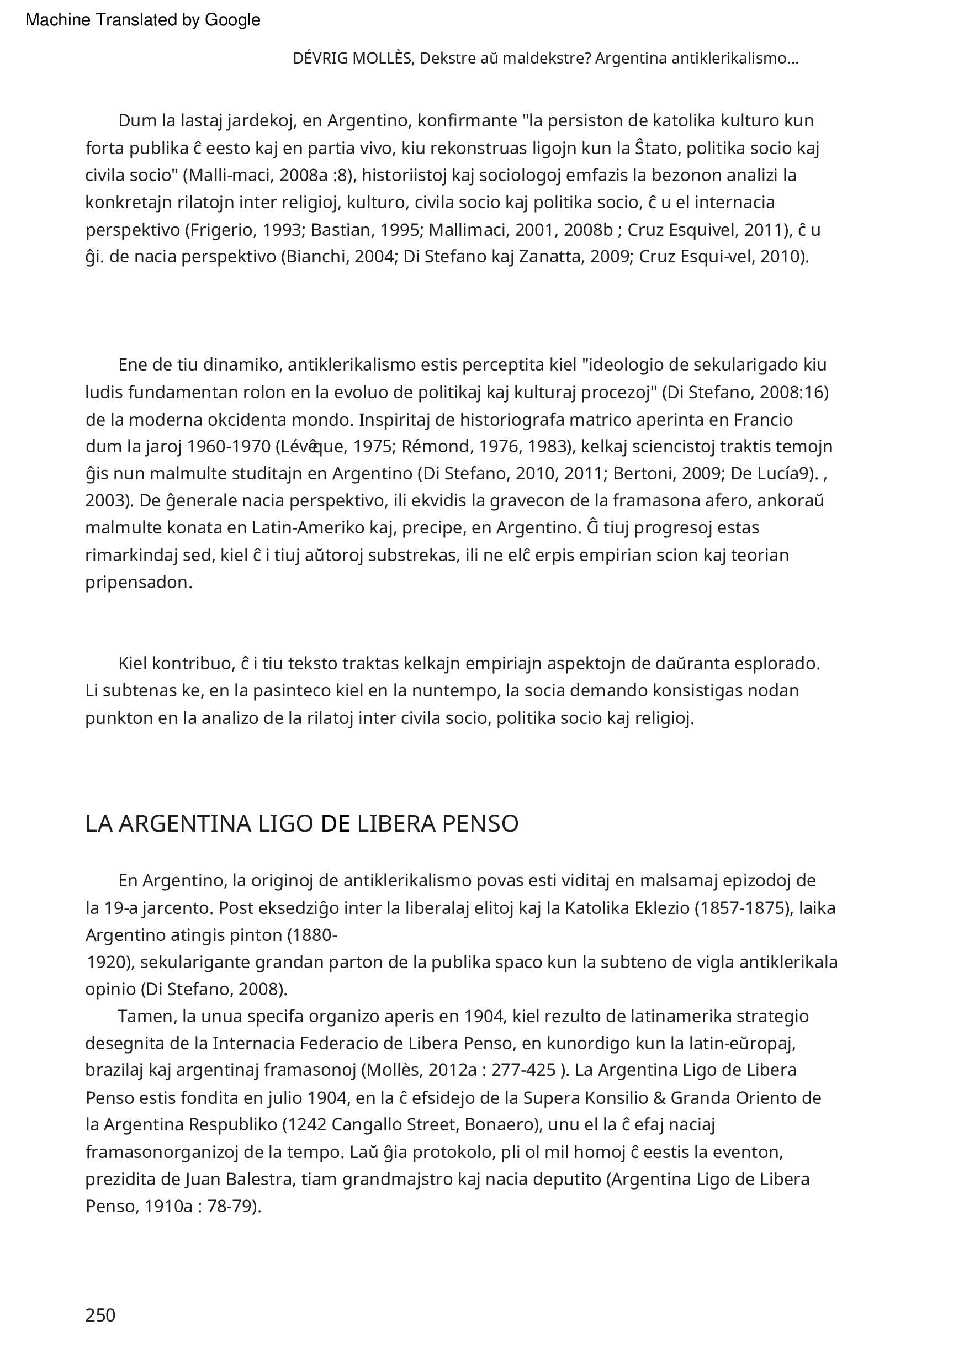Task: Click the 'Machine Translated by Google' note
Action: pos(143,20)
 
